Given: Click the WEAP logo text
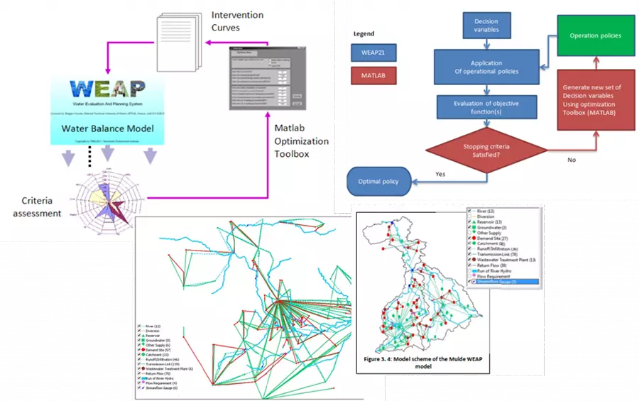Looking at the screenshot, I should pyautogui.click(x=108, y=90).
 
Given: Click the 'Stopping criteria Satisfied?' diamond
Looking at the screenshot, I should pyautogui.click(x=486, y=152).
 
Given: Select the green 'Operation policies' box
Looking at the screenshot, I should pyautogui.click(x=595, y=35).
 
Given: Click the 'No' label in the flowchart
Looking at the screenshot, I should pyautogui.click(x=572, y=160).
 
